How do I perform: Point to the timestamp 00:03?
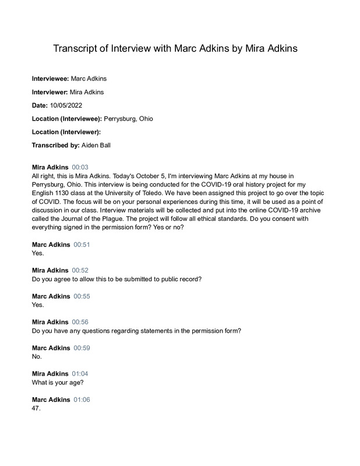(80, 167)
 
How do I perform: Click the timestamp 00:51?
(82, 245)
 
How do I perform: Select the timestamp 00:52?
(80, 270)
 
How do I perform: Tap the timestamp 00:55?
(82, 296)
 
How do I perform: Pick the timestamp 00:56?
(80, 322)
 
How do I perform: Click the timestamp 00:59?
(82, 348)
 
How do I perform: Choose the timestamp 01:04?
(80, 373)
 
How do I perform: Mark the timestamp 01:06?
(82, 400)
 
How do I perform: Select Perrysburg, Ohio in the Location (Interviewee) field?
(129, 118)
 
